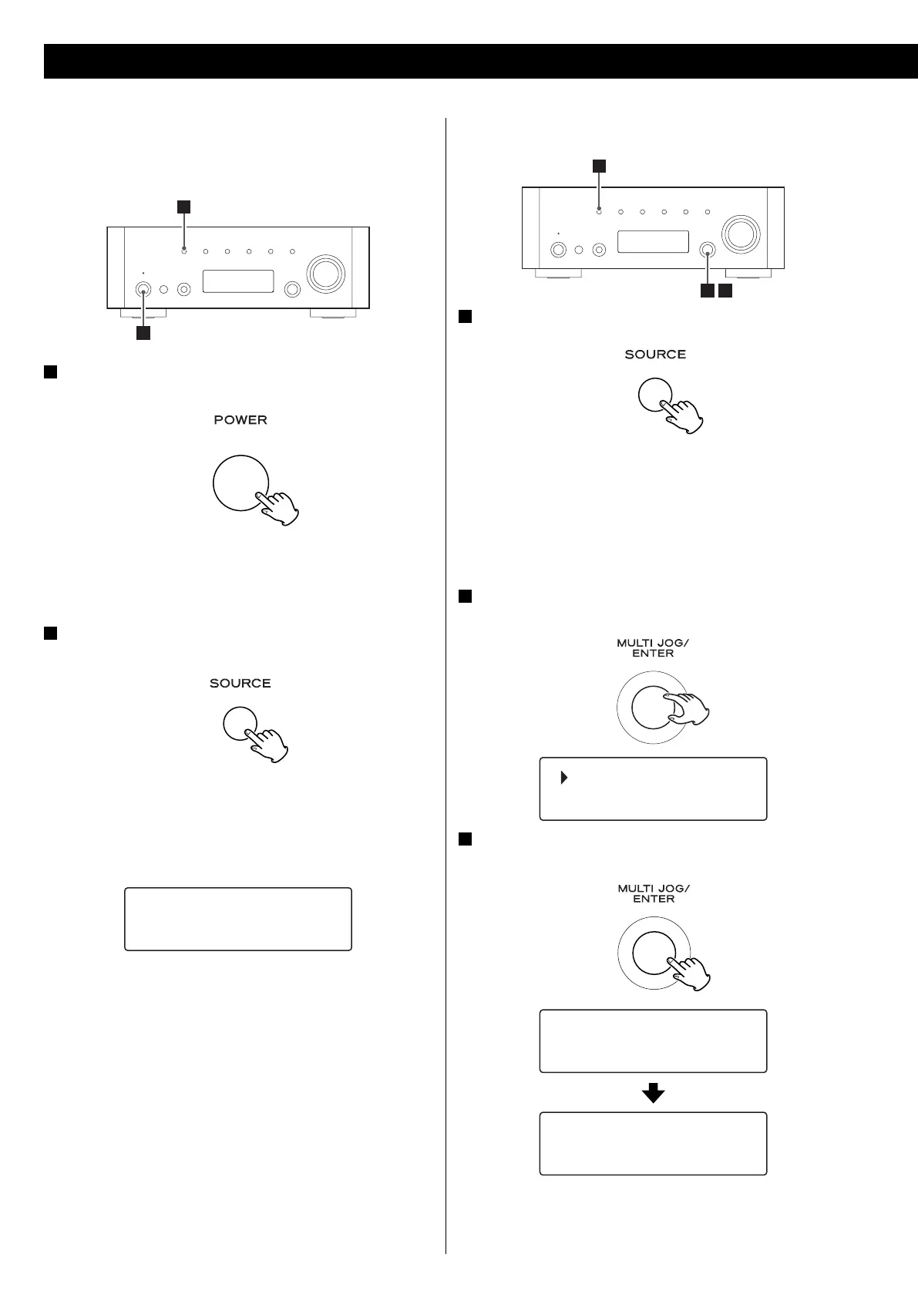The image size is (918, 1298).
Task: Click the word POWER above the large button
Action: point(240,420)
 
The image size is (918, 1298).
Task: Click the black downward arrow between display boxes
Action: point(653,1092)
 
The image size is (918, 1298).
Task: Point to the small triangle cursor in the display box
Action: point(564,778)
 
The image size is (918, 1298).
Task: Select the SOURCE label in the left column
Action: point(240,684)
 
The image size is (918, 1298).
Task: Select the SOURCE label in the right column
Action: point(655,355)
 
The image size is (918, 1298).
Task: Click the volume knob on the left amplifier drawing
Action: point(324,272)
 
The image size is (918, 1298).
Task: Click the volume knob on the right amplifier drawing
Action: point(740,232)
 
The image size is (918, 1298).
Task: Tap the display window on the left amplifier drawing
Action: point(238,281)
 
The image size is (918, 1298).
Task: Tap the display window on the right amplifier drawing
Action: point(653,241)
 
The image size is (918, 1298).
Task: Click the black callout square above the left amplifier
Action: point(183,206)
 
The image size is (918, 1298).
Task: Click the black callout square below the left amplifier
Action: point(143,333)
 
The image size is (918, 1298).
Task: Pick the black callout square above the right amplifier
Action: point(598,166)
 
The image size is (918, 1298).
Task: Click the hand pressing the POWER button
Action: point(281,508)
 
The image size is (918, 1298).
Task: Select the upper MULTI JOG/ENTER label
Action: point(653,647)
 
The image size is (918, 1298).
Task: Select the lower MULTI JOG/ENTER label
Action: point(653,893)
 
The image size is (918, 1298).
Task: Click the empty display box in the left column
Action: point(238,919)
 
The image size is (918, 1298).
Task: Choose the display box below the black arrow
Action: point(653,1143)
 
